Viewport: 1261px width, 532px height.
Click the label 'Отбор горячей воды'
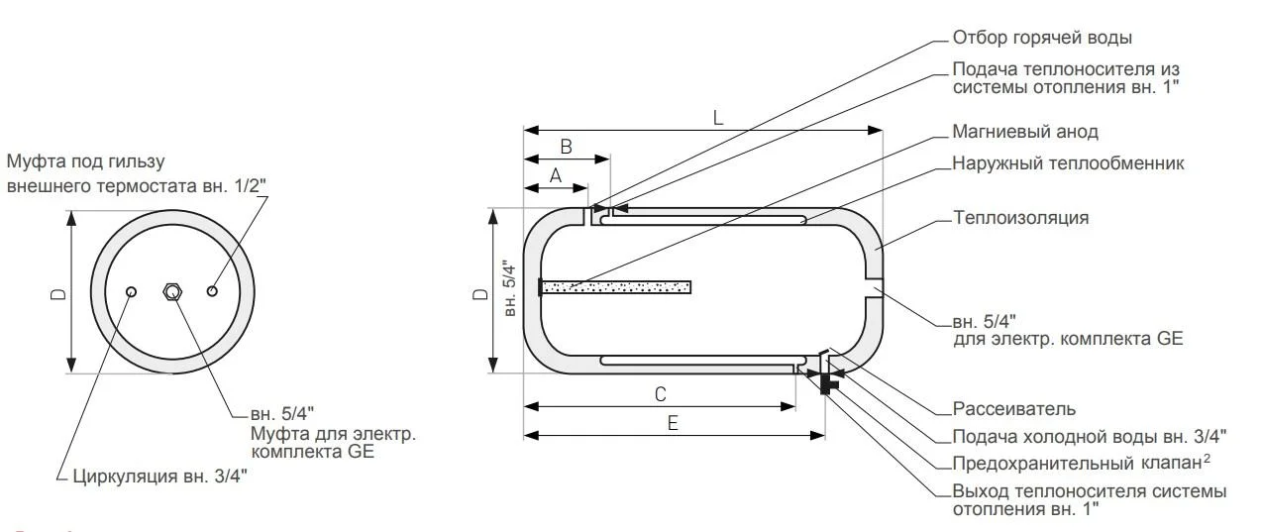(x=1041, y=39)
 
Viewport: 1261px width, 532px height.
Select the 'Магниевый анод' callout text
(x=1024, y=132)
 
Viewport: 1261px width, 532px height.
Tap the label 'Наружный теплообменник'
(x=1068, y=163)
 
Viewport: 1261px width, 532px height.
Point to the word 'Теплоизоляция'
(x=1020, y=217)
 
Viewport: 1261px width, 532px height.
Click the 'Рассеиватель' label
(x=1013, y=408)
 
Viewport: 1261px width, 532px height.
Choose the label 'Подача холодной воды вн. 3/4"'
(x=1089, y=436)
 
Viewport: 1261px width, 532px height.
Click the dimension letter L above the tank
(x=718, y=117)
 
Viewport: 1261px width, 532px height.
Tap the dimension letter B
(x=567, y=146)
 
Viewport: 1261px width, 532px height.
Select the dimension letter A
(x=555, y=174)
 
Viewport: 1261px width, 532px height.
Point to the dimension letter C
(x=660, y=394)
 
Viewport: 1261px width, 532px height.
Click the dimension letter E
(x=673, y=423)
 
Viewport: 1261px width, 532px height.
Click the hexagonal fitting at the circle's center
(x=173, y=291)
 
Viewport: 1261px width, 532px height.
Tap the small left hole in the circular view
(x=132, y=291)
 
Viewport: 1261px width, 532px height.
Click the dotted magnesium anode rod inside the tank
(x=615, y=287)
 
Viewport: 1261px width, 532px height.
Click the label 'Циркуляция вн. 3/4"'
(x=159, y=477)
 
